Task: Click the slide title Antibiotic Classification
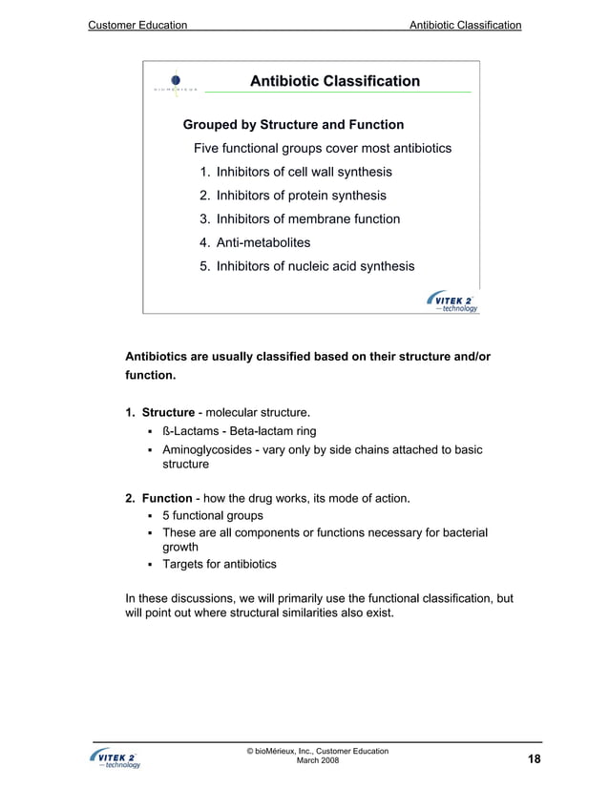[334, 81]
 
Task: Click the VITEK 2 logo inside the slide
[452, 301]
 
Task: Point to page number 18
[534, 758]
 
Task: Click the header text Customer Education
[136, 24]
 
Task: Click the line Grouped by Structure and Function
[293, 125]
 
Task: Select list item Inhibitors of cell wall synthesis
[304, 173]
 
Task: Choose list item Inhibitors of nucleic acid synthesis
[315, 266]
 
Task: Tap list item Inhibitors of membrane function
[308, 219]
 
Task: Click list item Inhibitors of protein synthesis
[301, 196]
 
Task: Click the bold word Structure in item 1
[169, 412]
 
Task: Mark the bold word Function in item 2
[168, 498]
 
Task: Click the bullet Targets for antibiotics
[220, 564]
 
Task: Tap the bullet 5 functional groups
[213, 516]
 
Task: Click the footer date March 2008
[317, 760]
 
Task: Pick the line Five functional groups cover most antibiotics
[323, 149]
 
